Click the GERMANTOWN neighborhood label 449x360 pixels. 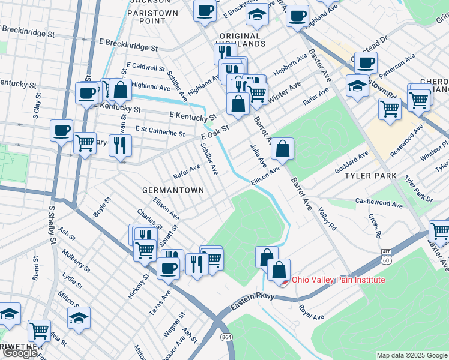pos(173,190)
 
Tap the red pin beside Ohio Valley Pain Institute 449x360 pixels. pos(286,280)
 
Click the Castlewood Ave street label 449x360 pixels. pos(379,203)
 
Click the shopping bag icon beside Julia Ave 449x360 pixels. pos(282,149)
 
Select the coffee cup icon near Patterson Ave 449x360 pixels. pos(365,62)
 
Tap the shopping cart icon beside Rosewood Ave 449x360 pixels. pos(390,110)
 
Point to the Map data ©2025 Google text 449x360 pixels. pos(412,355)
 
